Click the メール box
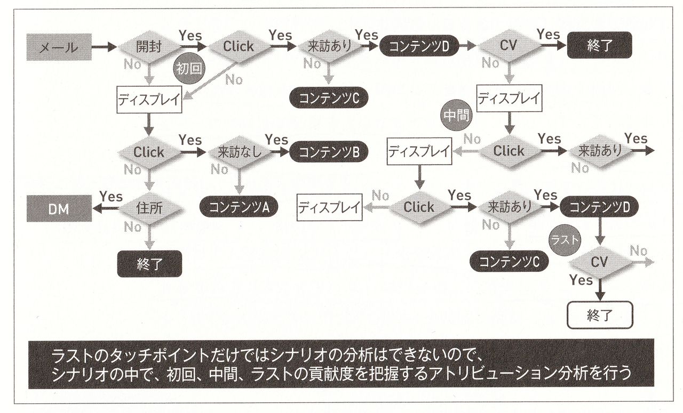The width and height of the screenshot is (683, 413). [59, 47]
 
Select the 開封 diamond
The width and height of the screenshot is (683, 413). [149, 46]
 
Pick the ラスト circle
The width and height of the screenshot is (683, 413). [565, 240]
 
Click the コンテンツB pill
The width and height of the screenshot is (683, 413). [329, 152]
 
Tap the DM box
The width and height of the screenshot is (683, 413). [59, 209]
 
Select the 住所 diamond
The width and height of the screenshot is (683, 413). [149, 208]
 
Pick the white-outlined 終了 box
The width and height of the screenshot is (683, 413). [599, 315]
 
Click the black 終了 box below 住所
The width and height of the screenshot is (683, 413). [149, 264]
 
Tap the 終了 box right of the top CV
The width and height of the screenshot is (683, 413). [599, 45]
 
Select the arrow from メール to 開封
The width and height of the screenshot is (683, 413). [104, 47]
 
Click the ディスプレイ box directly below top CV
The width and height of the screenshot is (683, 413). [509, 98]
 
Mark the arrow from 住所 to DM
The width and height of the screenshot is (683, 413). [107, 208]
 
